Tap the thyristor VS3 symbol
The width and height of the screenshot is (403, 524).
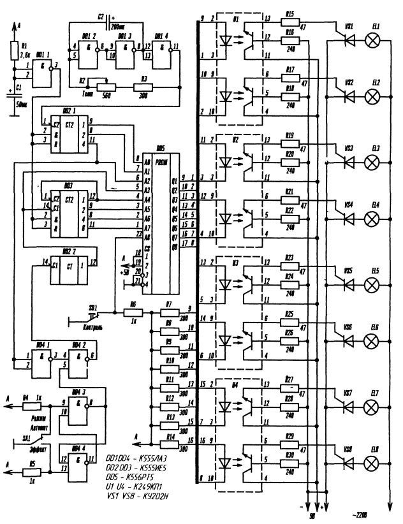tap(348, 162)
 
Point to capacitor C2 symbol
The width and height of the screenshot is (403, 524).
tap(108, 16)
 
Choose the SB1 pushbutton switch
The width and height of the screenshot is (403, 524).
tap(92, 314)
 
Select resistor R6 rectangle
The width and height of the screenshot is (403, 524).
tap(133, 313)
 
